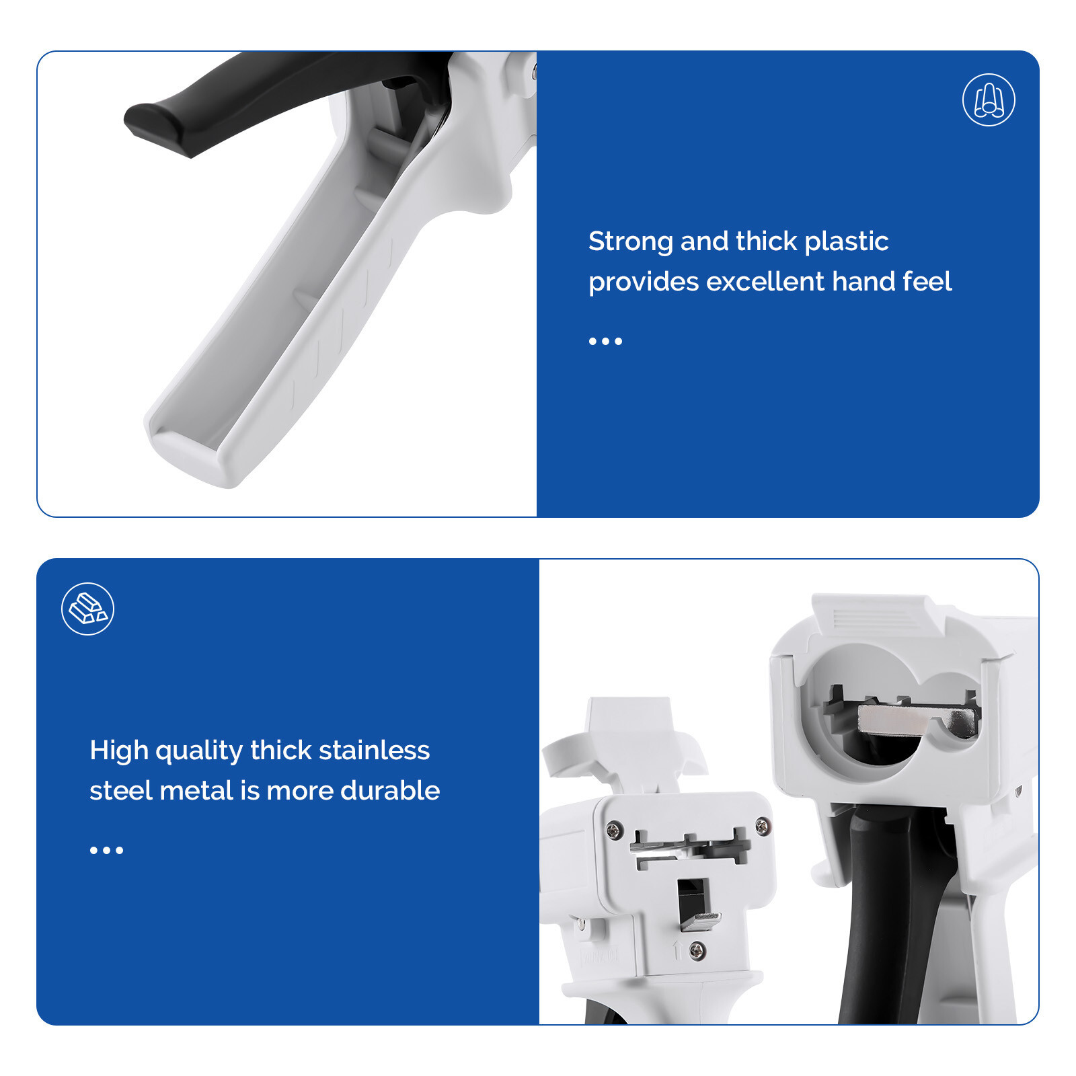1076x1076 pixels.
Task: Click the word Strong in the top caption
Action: [630, 241]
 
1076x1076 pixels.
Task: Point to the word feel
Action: [927, 282]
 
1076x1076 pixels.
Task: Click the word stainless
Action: [374, 751]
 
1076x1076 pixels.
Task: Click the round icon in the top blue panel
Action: [989, 100]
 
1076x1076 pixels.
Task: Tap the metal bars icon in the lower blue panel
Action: [87, 609]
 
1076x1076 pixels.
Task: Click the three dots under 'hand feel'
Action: [605, 342]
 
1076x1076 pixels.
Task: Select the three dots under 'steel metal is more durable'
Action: [106, 851]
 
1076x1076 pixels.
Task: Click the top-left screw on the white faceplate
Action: [614, 829]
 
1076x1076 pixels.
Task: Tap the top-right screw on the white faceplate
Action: [763, 827]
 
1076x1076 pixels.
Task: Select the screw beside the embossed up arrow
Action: [698, 951]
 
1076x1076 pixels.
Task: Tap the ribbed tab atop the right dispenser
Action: [874, 615]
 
